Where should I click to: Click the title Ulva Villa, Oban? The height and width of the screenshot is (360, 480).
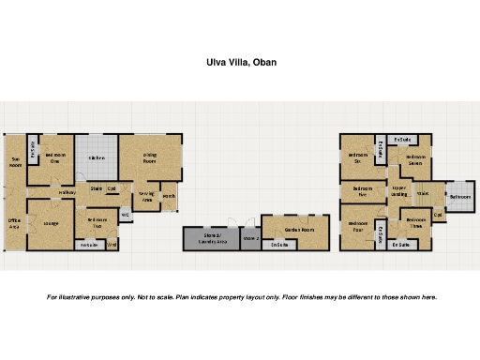[241, 64]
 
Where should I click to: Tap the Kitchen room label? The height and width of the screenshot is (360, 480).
[97, 158]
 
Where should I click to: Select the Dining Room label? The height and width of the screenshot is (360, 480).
[150, 158]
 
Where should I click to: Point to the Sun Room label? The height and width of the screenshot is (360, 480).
[15, 161]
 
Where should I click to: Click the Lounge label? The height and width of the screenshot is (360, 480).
[50, 224]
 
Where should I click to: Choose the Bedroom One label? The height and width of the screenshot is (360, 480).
[55, 157]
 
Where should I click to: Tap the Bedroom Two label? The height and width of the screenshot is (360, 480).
[97, 223]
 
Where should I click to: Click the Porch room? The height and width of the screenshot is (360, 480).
[169, 197]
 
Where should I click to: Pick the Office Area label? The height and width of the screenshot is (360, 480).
[15, 222]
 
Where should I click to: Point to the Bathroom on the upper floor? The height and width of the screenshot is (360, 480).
[459, 198]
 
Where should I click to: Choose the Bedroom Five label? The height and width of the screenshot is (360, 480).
[363, 191]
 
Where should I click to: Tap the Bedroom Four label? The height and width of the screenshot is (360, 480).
[357, 226]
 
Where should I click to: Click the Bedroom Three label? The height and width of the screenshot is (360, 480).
[414, 223]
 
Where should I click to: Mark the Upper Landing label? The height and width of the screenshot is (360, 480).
[399, 191]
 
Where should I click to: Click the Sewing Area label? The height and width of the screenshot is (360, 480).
[147, 196]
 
